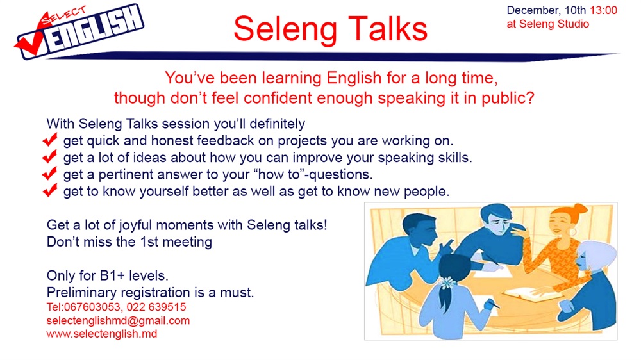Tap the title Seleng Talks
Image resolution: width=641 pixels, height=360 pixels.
[330, 29]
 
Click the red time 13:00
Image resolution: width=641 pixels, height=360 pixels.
[603, 10]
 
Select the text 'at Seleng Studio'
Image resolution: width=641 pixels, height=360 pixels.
[548, 24]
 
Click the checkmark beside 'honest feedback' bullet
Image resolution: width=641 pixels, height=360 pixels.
[50, 140]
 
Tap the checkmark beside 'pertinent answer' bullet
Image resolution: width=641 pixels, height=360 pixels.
[50, 174]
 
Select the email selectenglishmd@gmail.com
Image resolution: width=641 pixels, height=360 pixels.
[118, 320]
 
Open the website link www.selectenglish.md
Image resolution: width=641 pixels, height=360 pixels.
[102, 334]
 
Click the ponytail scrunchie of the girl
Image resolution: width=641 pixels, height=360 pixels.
[447, 282]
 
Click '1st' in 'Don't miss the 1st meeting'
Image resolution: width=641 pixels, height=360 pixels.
[149, 242]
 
